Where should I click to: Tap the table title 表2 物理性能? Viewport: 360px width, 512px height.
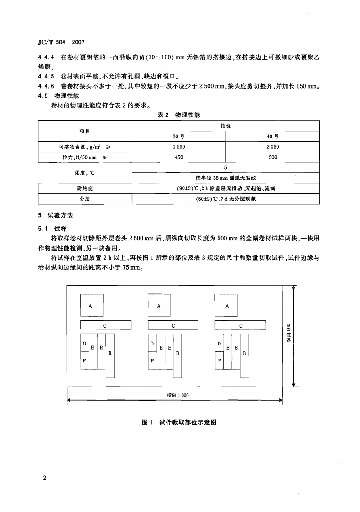click(178, 115)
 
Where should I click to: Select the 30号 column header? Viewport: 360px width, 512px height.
click(178, 136)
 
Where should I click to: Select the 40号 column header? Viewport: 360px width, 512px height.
click(272, 136)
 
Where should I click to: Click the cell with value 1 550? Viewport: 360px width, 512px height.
click(178, 146)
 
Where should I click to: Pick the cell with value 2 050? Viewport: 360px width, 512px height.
click(272, 146)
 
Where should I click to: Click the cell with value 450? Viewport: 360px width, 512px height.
click(178, 157)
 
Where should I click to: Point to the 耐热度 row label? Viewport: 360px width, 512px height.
click(85, 188)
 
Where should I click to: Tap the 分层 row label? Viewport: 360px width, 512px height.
click(85, 199)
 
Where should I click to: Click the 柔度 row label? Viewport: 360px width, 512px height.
click(85, 172)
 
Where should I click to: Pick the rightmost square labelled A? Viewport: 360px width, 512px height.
click(227, 306)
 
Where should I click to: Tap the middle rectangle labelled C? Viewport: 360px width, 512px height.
click(174, 325)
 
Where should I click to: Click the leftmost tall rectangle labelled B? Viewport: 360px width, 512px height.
click(110, 356)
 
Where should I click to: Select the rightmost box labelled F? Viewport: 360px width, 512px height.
click(219, 360)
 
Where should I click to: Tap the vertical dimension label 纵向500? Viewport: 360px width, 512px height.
click(288, 336)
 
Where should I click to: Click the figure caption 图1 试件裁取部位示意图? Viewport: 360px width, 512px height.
click(179, 423)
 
